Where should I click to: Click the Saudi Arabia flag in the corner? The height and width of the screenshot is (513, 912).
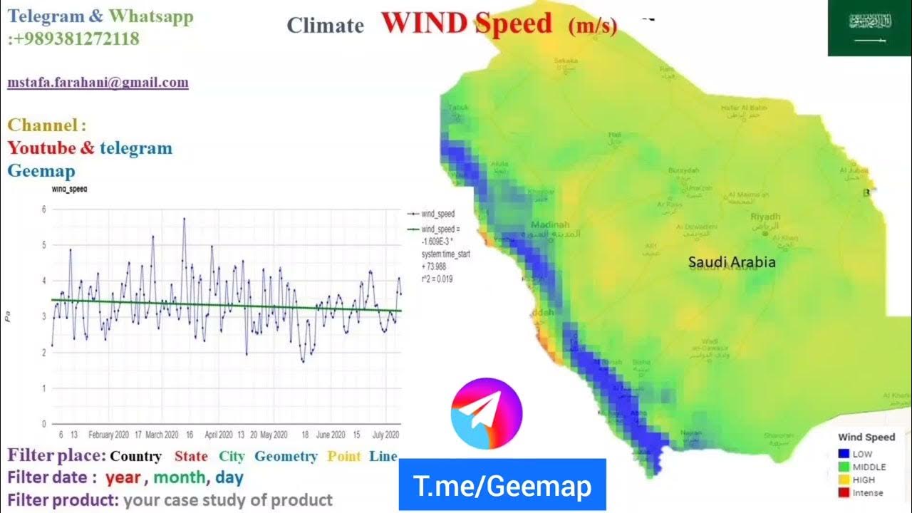point(869,28)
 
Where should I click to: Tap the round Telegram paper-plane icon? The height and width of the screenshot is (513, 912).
point(487,414)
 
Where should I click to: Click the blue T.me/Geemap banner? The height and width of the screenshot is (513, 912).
point(502,486)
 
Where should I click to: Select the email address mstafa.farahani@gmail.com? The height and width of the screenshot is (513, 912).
point(98,82)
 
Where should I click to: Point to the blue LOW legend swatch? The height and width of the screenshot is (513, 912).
point(845,454)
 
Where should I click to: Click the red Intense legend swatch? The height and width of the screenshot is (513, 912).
point(845,492)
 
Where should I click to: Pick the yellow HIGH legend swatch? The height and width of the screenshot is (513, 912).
point(845,480)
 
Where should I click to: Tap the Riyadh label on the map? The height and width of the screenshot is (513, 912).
point(766,217)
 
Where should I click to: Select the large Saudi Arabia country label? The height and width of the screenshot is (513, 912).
point(732,262)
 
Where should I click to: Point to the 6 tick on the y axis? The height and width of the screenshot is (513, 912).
point(43,209)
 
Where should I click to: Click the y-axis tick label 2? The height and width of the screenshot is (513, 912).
point(43,353)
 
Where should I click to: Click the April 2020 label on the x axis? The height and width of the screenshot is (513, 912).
point(219,434)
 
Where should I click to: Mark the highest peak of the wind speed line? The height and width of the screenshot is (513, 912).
point(184,219)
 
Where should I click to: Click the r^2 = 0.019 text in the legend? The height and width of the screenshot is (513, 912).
point(437,279)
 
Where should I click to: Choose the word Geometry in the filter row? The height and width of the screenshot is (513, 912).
point(286,456)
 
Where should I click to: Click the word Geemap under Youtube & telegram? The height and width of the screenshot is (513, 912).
point(41,171)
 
